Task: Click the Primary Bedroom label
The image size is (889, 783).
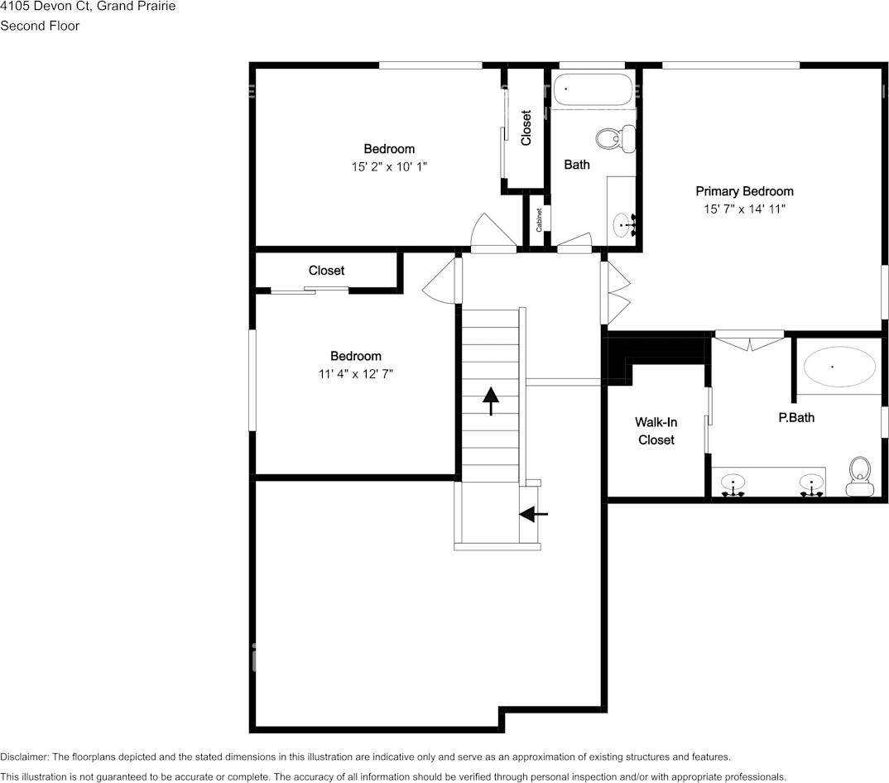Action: click(x=744, y=191)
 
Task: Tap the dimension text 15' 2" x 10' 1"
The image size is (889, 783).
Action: click(x=389, y=166)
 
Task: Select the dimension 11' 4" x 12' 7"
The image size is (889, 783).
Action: click(x=356, y=373)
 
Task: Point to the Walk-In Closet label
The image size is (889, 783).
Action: click(x=656, y=431)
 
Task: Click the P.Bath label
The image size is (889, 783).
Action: click(x=795, y=417)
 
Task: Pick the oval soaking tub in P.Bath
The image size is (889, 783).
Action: click(x=840, y=366)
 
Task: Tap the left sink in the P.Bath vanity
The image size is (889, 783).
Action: click(x=733, y=484)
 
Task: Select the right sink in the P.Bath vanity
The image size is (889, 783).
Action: click(x=811, y=484)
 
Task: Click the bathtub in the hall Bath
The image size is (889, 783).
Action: click(x=593, y=89)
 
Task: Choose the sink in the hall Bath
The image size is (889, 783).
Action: click(x=622, y=223)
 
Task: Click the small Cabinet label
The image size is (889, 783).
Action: click(x=539, y=219)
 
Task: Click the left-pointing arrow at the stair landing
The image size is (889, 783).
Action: click(x=533, y=514)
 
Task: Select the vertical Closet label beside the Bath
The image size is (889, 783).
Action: click(x=526, y=128)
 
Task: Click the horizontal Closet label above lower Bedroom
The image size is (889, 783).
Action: click(x=326, y=271)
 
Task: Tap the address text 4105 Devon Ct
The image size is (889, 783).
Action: click(x=46, y=7)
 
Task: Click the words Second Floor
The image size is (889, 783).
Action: click(x=40, y=26)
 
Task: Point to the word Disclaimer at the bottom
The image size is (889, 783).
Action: click(x=24, y=757)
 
